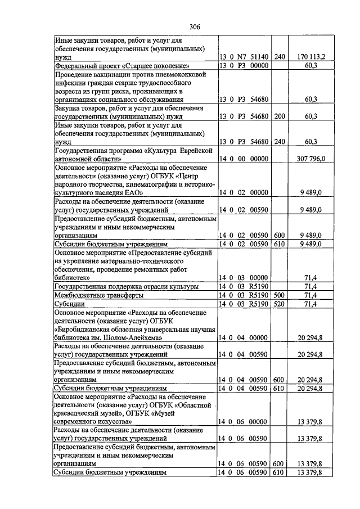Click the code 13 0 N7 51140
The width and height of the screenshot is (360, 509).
pos(244,57)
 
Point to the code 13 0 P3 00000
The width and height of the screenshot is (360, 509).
pos(244,66)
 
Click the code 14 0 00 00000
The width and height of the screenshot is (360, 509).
pos(244,159)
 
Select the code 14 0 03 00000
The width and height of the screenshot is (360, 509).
pos(244,278)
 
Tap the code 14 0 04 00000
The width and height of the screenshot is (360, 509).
pos(244,337)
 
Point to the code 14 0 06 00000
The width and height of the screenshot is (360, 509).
pos(244,421)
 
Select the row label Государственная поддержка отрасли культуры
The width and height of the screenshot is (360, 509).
pos(126,286)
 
